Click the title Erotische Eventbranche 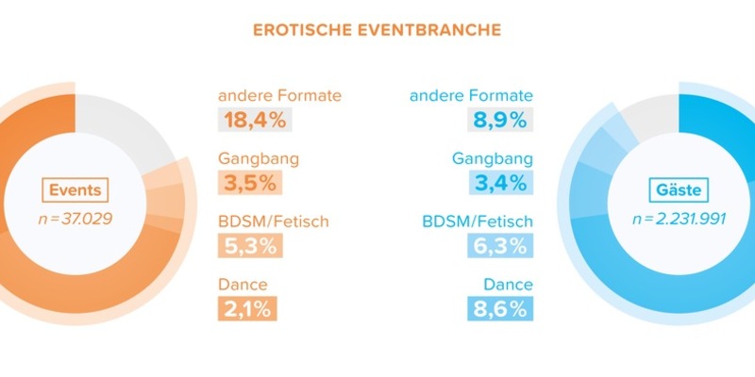pyautogui.click(x=377, y=29)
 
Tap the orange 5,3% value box pyautogui.click(x=249, y=245)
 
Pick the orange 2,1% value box pyautogui.click(x=247, y=307)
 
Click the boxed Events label pyautogui.click(x=75, y=190)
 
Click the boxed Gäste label pyautogui.click(x=678, y=190)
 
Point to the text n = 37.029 pyautogui.click(x=74, y=220)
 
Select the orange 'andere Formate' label pyautogui.click(x=279, y=95)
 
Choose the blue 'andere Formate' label pyautogui.click(x=471, y=95)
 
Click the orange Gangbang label pyautogui.click(x=258, y=158)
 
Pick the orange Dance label pyautogui.click(x=243, y=283)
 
